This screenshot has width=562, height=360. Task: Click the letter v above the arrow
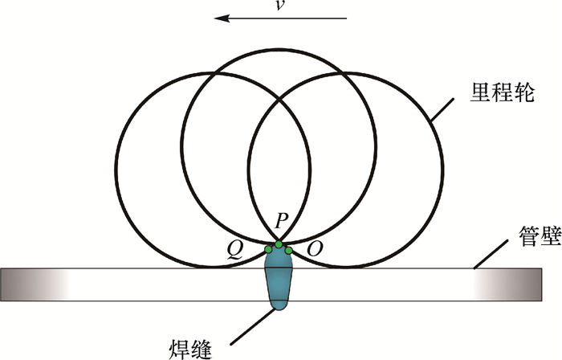[280, 6]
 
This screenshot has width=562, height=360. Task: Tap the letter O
[315, 251]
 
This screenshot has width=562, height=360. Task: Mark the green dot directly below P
[279, 244]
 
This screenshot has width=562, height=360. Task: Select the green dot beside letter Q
[268, 250]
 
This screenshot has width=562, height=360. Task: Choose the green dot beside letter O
[289, 250]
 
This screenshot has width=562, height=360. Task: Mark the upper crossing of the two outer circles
[279, 100]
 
